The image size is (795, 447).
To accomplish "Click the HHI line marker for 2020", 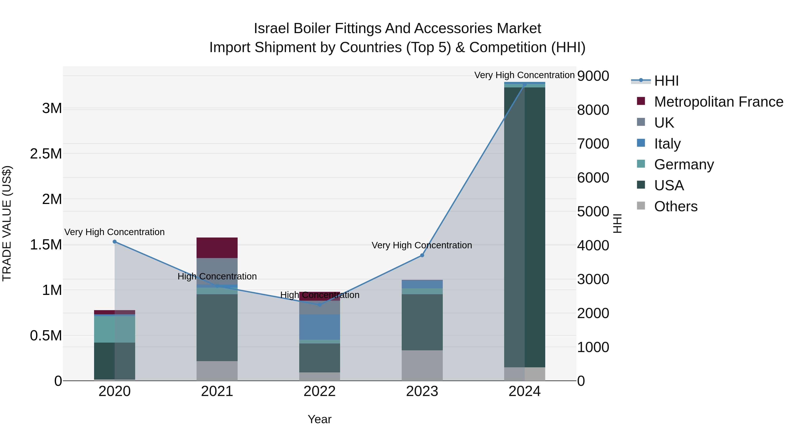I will coord(114,241).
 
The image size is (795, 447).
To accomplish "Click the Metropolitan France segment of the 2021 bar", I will coord(217,248).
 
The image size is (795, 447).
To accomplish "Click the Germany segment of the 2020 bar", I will coord(114,329).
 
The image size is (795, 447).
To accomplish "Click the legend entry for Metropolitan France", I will coord(718,102).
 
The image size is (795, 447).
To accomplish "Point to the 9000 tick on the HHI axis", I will coord(593,76).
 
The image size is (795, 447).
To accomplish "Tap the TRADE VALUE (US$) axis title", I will coord(7,223).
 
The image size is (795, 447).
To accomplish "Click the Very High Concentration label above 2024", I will coord(524,75).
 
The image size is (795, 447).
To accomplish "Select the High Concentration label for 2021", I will coord(217,276).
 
